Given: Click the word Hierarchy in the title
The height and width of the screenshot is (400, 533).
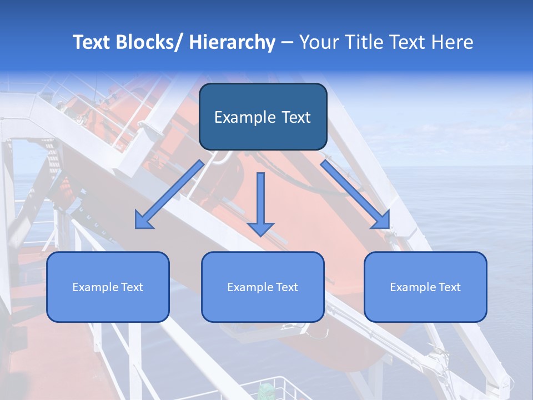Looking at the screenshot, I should [232, 42].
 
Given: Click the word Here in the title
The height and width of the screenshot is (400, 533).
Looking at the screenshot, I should [452, 42].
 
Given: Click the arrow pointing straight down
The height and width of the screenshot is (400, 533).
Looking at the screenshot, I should [261, 200].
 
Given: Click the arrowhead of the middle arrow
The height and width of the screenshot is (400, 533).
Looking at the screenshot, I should [261, 228].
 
